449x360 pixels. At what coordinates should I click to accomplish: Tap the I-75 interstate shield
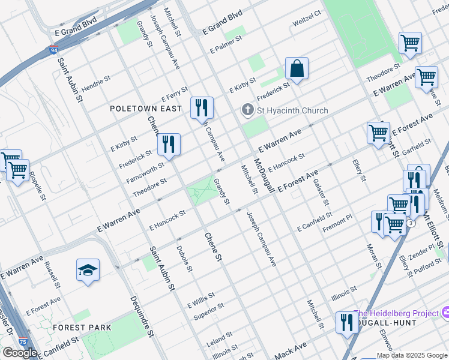click(x=22, y=342)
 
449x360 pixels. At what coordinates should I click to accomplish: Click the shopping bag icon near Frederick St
click(x=297, y=70)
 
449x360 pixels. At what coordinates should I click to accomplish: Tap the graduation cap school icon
click(x=88, y=271)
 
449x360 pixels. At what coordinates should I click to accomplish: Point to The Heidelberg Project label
click(x=397, y=313)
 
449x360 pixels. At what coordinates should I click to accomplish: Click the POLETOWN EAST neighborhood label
click(x=145, y=109)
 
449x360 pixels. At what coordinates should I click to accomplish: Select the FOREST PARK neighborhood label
click(x=82, y=328)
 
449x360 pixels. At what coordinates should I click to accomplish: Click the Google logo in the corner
click(x=19, y=353)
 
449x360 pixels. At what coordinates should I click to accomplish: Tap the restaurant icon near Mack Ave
click(x=346, y=324)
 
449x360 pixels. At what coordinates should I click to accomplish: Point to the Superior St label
click(x=208, y=311)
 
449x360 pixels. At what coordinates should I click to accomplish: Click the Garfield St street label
click(x=417, y=144)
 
